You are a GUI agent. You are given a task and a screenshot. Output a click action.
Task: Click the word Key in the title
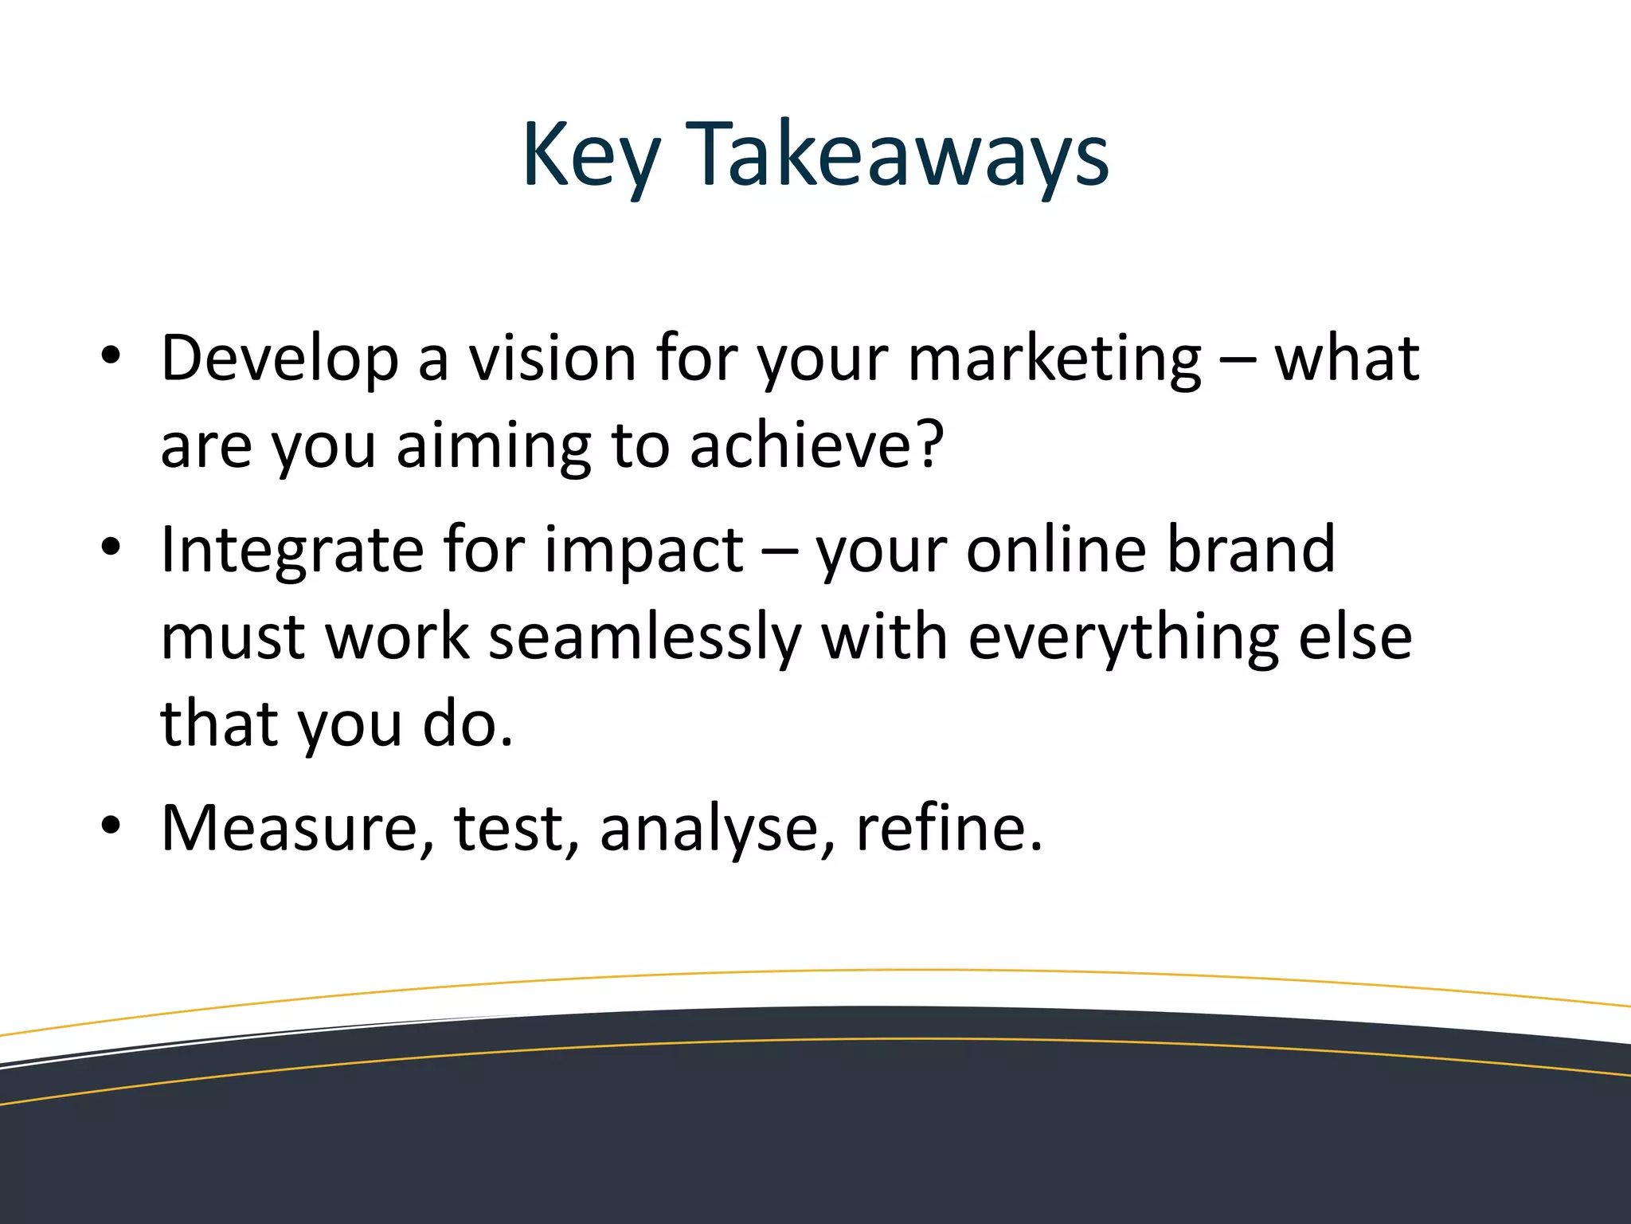(x=590, y=155)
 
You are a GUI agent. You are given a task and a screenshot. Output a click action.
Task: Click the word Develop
(x=279, y=359)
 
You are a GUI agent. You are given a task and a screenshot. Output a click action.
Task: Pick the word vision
(x=552, y=358)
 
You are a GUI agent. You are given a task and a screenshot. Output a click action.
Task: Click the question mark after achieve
(x=928, y=444)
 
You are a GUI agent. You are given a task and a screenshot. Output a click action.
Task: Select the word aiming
(x=495, y=447)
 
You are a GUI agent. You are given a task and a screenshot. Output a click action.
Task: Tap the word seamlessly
(x=644, y=638)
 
